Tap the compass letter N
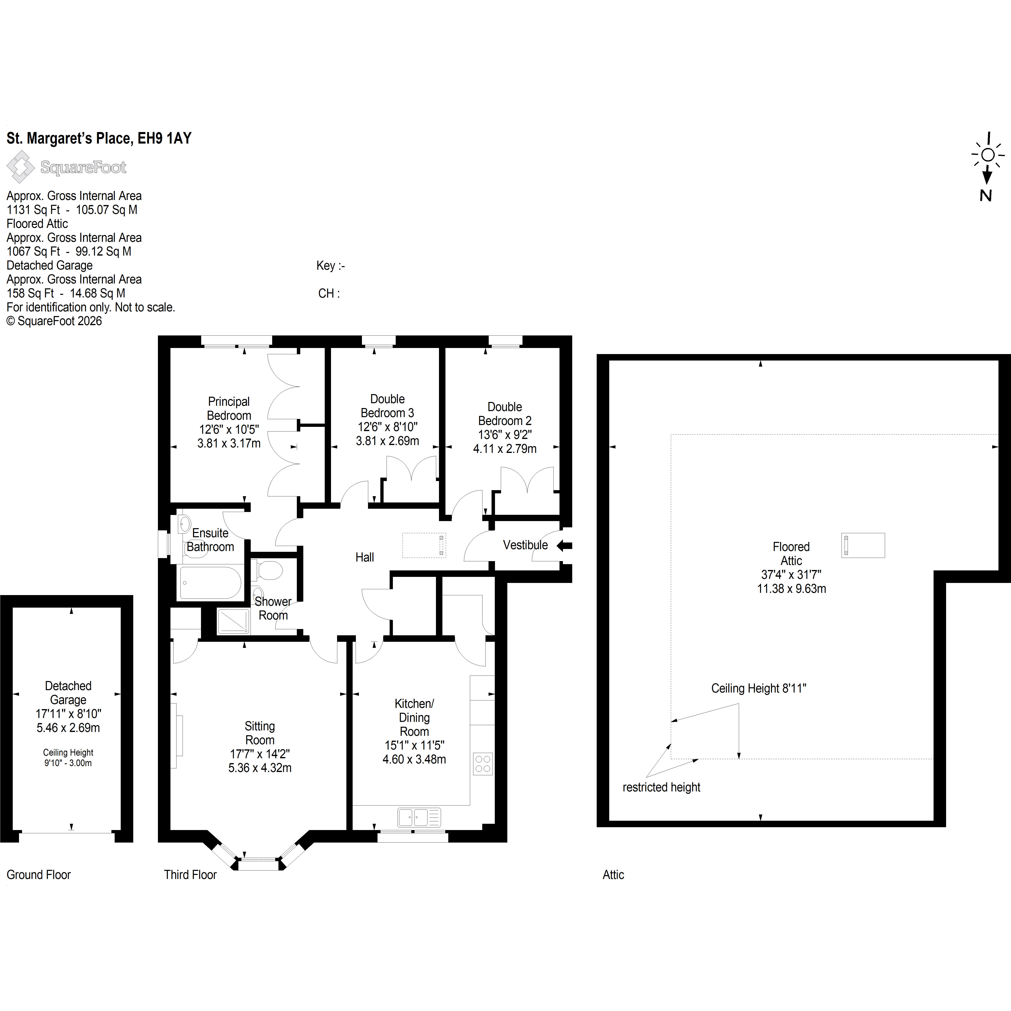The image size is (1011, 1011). [x=986, y=196]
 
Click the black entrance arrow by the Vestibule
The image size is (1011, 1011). [x=564, y=546]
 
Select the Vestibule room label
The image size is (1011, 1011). [x=525, y=545]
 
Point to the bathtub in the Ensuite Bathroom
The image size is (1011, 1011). [x=210, y=582]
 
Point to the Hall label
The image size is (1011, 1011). [x=365, y=557]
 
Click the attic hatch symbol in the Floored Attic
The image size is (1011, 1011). [x=863, y=545]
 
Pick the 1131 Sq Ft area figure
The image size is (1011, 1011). [x=33, y=210]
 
